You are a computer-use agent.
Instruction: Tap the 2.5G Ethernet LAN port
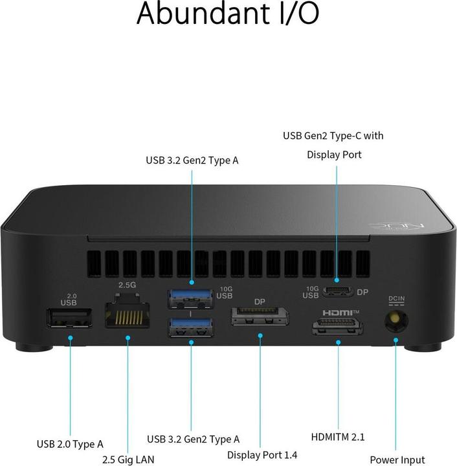tap(128, 314)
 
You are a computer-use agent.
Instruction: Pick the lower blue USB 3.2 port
tap(190, 327)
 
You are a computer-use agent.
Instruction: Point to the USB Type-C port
tap(337, 291)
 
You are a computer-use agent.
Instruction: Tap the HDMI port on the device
tap(337, 327)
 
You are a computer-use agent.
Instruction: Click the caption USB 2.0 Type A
tap(69, 444)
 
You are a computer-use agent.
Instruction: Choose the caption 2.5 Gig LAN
tap(128, 460)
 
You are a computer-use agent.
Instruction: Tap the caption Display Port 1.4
tap(261, 455)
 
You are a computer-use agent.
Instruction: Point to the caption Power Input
tap(397, 460)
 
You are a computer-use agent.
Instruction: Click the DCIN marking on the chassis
tap(396, 300)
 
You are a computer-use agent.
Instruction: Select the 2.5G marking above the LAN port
tap(126, 284)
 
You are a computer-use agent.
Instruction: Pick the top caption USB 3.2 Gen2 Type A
tap(192, 159)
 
